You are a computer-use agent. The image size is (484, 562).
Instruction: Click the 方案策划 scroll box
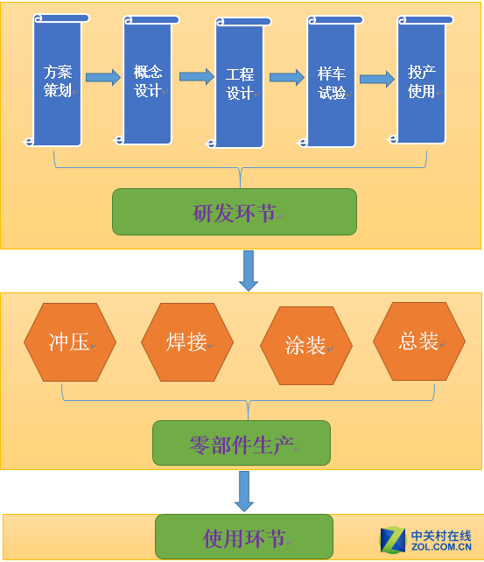coord(57,81)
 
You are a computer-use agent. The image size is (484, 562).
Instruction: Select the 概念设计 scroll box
coord(147,81)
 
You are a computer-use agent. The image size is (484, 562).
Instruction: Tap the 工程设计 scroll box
coord(239,83)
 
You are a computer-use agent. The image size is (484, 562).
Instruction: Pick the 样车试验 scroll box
coord(331,81)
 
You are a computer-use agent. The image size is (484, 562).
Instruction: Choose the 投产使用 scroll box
coord(421,80)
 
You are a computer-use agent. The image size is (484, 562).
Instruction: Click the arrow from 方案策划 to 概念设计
coord(103,77)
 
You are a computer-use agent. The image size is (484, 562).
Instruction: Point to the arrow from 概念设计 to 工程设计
coord(197,77)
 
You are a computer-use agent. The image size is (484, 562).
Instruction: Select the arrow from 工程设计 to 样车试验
coord(287,77)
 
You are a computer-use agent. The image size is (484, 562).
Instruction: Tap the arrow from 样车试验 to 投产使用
coord(377,79)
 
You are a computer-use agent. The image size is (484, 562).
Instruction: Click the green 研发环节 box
coord(235,212)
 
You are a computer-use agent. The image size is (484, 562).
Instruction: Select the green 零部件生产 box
coord(242,443)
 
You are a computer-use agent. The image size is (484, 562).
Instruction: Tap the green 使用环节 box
coord(244,537)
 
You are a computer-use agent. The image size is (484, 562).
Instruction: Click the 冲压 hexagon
coord(70,342)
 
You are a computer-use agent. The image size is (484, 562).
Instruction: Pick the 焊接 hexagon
coord(187,342)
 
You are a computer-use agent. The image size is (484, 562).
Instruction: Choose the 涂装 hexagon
coord(306,346)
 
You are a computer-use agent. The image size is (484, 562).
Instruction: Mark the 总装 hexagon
coord(419,341)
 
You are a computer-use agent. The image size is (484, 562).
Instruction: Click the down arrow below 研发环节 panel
coord(249,270)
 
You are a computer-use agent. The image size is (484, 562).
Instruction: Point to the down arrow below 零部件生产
coord(244,491)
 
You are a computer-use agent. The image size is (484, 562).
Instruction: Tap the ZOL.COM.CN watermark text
coord(441,547)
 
